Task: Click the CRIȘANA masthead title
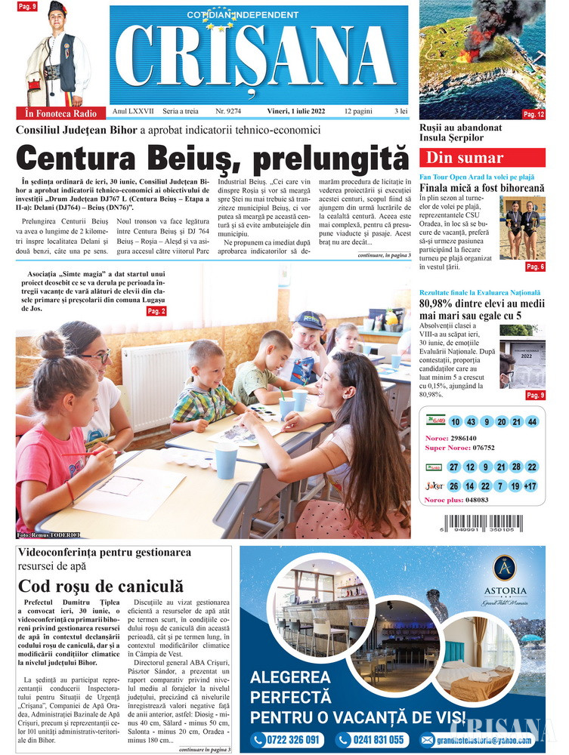pyautogui.click(x=258, y=57)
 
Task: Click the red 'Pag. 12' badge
pyautogui.click(x=533, y=114)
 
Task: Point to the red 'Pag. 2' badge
pyautogui.click(x=156, y=311)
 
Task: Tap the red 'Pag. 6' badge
pyautogui.click(x=535, y=267)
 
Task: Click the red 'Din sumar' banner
pyautogui.click(x=482, y=159)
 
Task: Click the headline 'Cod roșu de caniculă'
pyautogui.click(x=101, y=585)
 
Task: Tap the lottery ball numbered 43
pyautogui.click(x=471, y=421)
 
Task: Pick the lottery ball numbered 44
pyautogui.click(x=532, y=421)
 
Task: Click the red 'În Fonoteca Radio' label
pyautogui.click(x=60, y=113)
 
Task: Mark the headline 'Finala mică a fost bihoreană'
pyautogui.click(x=481, y=187)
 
